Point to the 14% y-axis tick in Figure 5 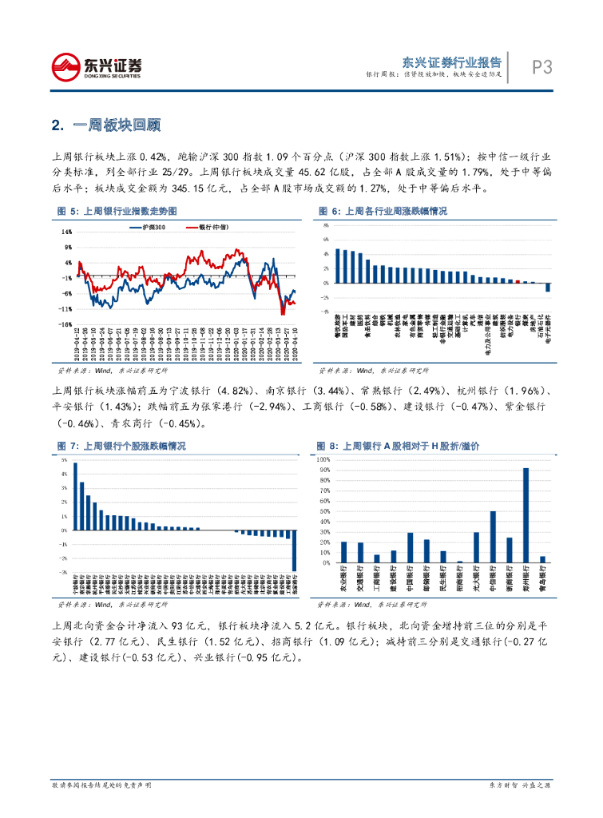[x=68, y=232]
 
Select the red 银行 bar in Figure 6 [x=518, y=281]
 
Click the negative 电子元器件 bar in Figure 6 [x=548, y=288]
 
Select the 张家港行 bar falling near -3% [x=294, y=550]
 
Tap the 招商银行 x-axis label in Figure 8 [x=459, y=581]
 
